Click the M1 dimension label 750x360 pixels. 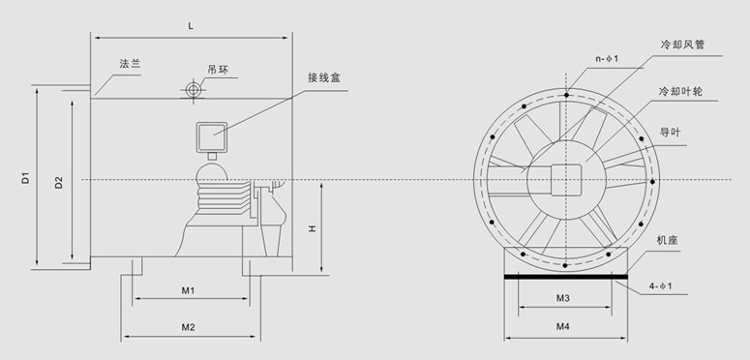(189, 290)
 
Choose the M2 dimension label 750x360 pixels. (189, 327)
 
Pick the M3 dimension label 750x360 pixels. (562, 298)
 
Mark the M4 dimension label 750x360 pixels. (562, 327)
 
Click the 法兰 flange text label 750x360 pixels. (130, 63)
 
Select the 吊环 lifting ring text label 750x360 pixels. (217, 70)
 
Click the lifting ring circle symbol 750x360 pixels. (194, 90)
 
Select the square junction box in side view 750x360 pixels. (211, 135)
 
